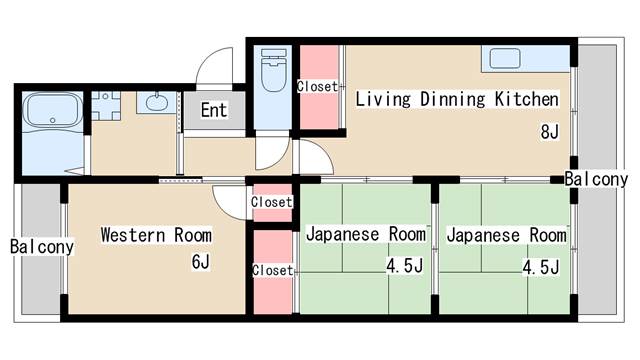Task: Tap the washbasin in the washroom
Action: pos(157,103)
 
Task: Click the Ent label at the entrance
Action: pos(213,110)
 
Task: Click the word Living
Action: pos(385,99)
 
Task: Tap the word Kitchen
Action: pos(526,99)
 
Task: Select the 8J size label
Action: pos(549,132)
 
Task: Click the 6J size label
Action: pos(201,262)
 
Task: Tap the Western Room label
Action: pos(156,236)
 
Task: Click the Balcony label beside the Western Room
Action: pos(42,246)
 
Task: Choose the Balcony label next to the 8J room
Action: pos(595,180)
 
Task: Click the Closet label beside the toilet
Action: pos(317,87)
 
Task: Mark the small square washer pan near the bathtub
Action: pos(107,104)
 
